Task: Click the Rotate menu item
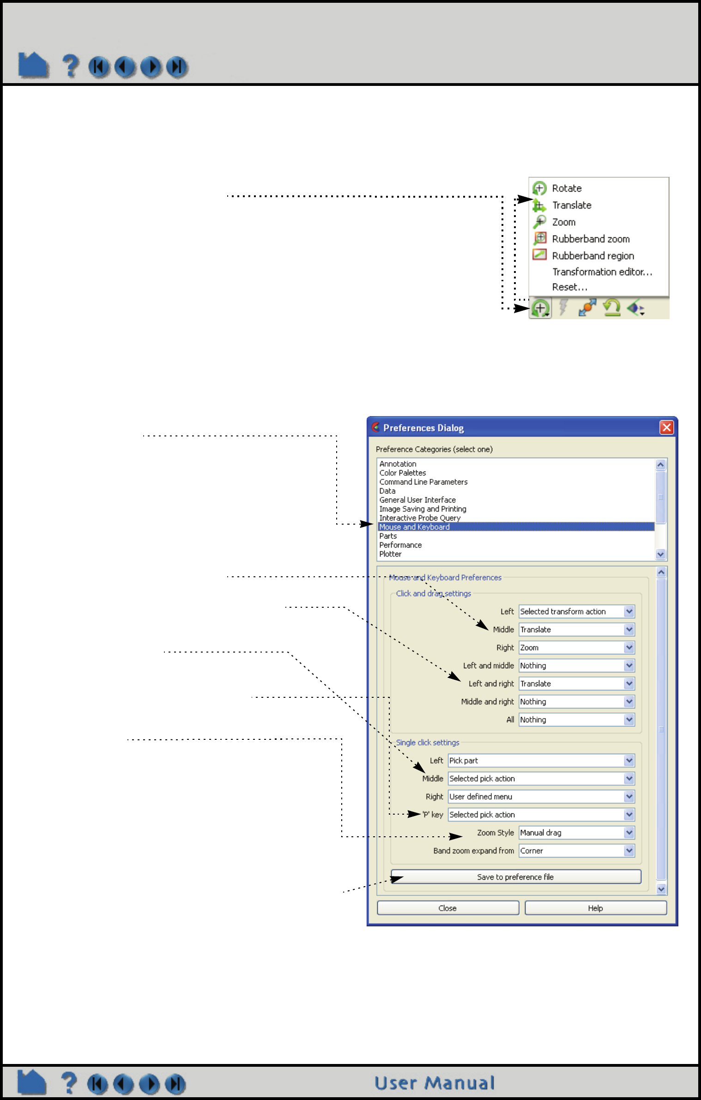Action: click(x=566, y=188)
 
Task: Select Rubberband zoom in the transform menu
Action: click(x=590, y=239)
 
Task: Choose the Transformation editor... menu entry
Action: click(x=602, y=272)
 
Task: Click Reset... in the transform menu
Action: click(x=569, y=287)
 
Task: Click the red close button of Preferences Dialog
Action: click(x=666, y=428)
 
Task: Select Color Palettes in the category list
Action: click(x=403, y=473)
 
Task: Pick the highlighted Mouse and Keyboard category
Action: click(x=414, y=527)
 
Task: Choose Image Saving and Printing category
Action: click(x=423, y=509)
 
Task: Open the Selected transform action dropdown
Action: click(x=576, y=611)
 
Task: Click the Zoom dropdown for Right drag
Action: click(x=576, y=647)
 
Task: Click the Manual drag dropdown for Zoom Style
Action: click(x=576, y=833)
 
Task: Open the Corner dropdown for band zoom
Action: click(x=576, y=851)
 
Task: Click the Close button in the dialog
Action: click(x=447, y=908)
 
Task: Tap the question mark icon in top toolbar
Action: click(x=70, y=66)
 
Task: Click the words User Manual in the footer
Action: click(x=435, y=1083)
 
